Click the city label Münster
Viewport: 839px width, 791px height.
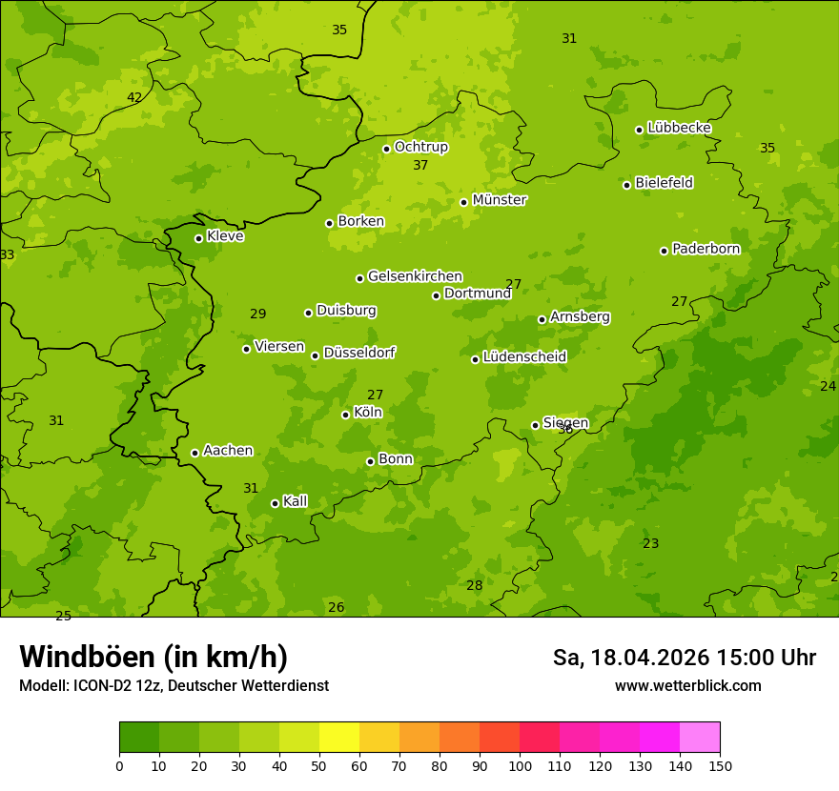click(499, 200)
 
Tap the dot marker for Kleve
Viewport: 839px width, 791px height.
click(198, 238)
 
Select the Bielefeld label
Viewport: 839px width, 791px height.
click(664, 183)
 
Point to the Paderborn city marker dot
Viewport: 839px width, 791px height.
click(664, 251)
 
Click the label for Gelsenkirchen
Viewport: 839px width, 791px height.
click(415, 276)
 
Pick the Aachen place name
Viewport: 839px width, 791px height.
click(228, 451)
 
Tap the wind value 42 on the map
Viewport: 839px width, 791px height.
click(134, 97)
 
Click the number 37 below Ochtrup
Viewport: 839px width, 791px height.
click(420, 165)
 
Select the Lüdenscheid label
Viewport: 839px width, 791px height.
click(524, 357)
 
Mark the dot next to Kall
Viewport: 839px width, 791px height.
click(275, 503)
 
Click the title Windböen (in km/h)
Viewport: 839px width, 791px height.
click(153, 657)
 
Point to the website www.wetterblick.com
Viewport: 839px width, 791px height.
click(687, 686)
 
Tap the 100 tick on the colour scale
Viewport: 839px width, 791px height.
click(520, 765)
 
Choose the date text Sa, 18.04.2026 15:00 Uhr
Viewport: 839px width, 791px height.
click(684, 658)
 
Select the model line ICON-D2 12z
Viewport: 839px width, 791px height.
click(174, 686)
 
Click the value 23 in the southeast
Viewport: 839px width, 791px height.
click(650, 543)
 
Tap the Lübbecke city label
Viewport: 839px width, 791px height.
click(679, 128)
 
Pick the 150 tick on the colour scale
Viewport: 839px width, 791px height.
click(720, 765)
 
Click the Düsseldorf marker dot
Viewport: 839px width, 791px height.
click(315, 355)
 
